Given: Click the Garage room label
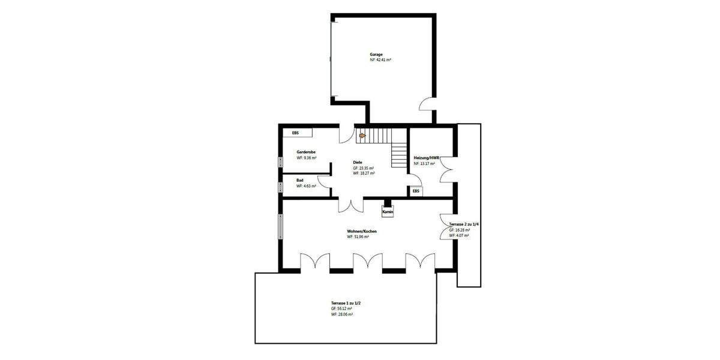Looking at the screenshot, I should (x=376, y=55).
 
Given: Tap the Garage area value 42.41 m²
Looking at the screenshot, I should (x=380, y=61).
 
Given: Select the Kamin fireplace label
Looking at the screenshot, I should (x=387, y=212).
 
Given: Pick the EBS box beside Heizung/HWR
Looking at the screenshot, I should (x=415, y=191).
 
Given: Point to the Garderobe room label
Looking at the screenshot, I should (x=306, y=152).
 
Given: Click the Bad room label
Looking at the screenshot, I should (x=300, y=180).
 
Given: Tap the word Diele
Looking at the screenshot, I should (x=358, y=162).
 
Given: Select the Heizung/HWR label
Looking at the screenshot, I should (x=427, y=158).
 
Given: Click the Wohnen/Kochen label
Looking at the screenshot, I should (x=362, y=231).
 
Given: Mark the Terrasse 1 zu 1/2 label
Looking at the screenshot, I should (x=346, y=303).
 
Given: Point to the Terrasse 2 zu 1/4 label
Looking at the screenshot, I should (x=464, y=224).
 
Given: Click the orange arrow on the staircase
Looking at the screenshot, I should (x=362, y=136).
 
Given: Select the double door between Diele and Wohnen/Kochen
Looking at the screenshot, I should (x=350, y=204).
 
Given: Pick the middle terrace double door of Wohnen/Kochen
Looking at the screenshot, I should (x=368, y=262).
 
